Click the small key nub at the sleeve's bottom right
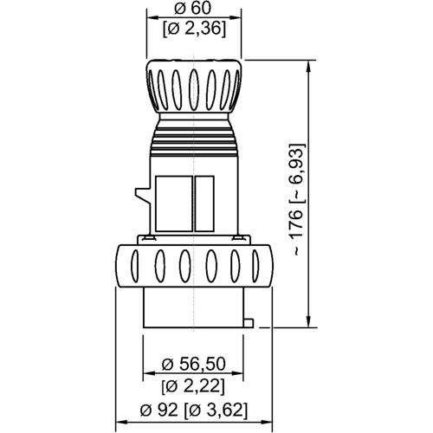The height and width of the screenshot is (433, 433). click(249, 324)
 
